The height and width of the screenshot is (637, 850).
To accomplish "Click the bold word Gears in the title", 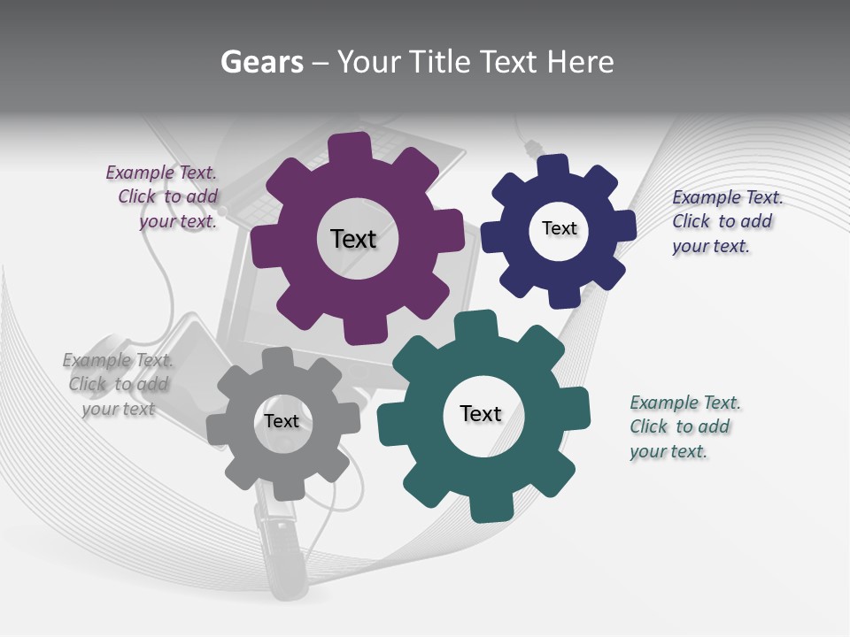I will (262, 62).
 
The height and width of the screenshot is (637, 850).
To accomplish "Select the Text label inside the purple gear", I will (353, 239).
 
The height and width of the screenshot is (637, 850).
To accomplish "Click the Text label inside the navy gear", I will (559, 228).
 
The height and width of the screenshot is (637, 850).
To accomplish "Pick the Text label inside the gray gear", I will (282, 421).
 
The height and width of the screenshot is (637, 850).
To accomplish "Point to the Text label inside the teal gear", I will (481, 413).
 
